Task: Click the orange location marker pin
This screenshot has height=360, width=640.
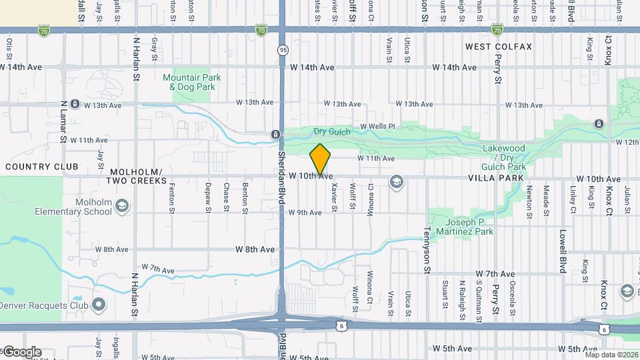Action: (x=321, y=159)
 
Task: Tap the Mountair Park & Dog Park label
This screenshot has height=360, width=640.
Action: (x=192, y=82)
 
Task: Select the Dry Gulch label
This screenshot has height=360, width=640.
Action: (x=328, y=132)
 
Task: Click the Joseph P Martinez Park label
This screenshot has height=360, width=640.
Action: (x=465, y=227)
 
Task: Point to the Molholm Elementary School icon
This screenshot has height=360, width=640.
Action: (x=122, y=207)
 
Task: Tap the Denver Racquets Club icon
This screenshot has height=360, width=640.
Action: (x=99, y=305)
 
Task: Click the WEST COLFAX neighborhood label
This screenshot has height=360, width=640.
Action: (x=499, y=47)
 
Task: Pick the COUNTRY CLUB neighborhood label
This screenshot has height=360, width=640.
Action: (x=41, y=167)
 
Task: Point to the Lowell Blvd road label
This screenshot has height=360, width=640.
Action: (x=563, y=248)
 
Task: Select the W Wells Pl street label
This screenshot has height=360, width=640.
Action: (x=377, y=126)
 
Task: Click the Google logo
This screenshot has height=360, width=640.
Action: (x=21, y=352)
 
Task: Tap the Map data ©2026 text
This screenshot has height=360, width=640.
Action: (x=609, y=355)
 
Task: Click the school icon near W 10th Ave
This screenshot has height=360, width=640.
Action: (x=397, y=181)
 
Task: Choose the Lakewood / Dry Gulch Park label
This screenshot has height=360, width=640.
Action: (x=503, y=157)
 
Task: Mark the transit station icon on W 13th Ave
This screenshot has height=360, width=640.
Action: (x=75, y=105)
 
